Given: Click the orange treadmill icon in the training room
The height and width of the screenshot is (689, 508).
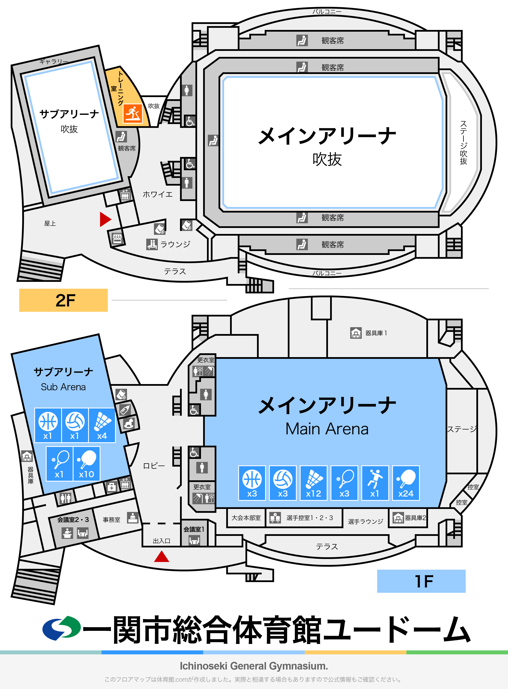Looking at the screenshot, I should (x=133, y=114).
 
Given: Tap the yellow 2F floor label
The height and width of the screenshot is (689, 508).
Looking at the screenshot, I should (x=63, y=300).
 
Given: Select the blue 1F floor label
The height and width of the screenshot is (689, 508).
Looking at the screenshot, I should (x=421, y=581).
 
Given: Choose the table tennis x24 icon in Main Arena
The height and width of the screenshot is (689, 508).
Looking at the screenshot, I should (x=406, y=483).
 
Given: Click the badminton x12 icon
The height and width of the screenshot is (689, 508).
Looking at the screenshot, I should (x=313, y=483).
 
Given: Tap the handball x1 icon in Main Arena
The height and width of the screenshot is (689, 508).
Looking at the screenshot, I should (x=375, y=483).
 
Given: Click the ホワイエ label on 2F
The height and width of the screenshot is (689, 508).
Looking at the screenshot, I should (x=157, y=194).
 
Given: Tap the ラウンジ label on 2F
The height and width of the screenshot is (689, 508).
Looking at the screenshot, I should (x=175, y=244).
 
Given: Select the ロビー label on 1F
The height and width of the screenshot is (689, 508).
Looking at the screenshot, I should (x=154, y=466).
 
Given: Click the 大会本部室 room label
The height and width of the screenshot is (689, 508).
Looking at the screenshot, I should (x=246, y=518).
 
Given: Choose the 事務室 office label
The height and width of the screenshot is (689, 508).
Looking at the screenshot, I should (x=111, y=519).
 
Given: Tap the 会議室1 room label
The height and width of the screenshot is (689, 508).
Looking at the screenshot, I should (x=194, y=529).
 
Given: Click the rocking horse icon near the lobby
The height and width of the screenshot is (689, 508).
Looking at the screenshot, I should (x=128, y=424).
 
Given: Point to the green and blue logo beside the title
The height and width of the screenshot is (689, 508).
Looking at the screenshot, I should (x=62, y=628).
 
